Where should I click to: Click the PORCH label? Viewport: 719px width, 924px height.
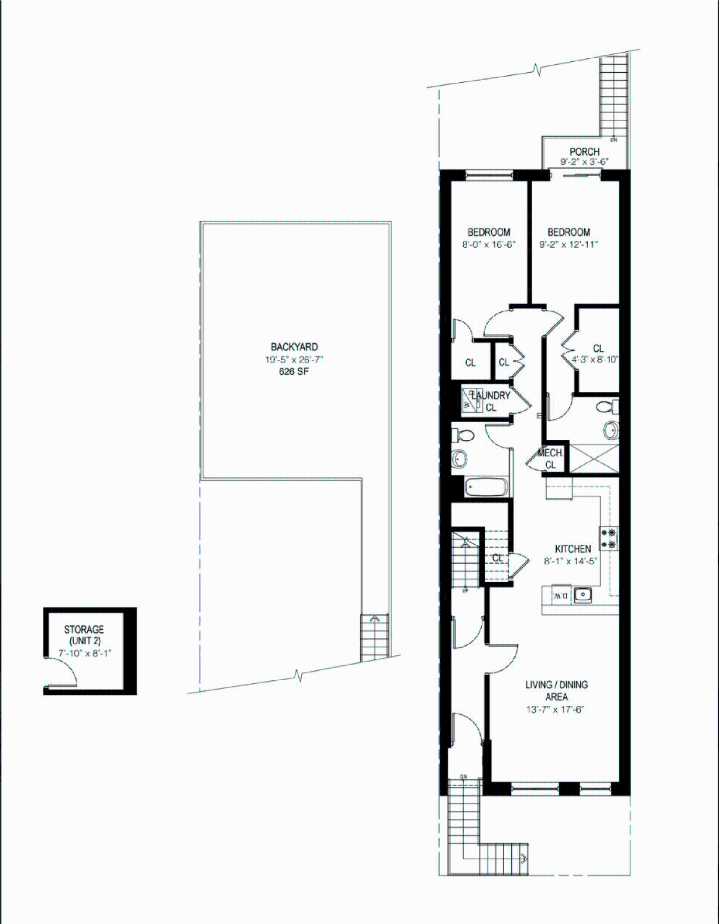[x=584, y=151]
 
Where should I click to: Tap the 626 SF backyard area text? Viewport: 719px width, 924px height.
[x=294, y=371]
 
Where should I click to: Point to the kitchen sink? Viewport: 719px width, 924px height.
[x=583, y=594]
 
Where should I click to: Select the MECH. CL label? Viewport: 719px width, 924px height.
[x=551, y=459]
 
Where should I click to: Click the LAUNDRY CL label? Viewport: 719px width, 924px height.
[x=491, y=401]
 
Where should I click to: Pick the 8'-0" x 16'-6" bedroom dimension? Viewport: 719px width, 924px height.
[x=489, y=245]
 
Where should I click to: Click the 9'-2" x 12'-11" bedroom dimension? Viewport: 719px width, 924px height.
[x=569, y=245]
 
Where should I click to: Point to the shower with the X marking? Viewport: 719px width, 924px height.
[x=594, y=459]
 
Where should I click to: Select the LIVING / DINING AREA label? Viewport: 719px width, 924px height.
[x=556, y=690]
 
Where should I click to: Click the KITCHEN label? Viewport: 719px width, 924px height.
[x=573, y=549]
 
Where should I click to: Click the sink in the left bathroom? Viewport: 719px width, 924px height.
[x=460, y=459]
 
